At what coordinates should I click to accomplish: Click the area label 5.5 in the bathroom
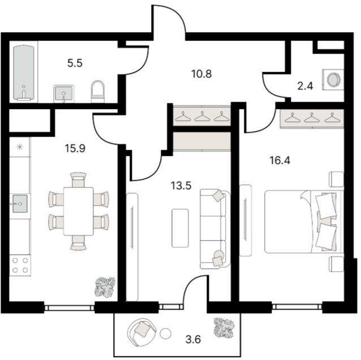pos(75,63)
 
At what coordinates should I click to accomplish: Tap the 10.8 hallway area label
pos(201,74)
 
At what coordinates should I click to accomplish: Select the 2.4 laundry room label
pos(305,86)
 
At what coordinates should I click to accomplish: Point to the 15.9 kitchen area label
pos(75,148)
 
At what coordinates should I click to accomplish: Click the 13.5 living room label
pos(181,185)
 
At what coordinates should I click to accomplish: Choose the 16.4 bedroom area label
pos(280,161)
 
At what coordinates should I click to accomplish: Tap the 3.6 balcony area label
pos(193,339)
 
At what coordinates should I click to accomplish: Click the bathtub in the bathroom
pos(24,73)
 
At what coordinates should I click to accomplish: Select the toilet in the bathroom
pos(98,92)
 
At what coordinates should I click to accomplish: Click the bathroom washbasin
pos(64,94)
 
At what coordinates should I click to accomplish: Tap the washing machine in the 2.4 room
pos(333,80)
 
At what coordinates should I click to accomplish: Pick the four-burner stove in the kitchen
pos(20,265)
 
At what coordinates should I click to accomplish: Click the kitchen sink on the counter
pos(20,203)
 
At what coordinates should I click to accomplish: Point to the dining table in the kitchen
pos(78,211)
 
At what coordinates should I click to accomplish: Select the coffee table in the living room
pos(180,228)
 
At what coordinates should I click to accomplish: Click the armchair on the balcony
pos(141,332)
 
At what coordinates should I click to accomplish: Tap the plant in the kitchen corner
pos(105,287)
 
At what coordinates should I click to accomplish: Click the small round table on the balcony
pos(165,333)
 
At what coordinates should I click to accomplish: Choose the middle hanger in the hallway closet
pos(203,116)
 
